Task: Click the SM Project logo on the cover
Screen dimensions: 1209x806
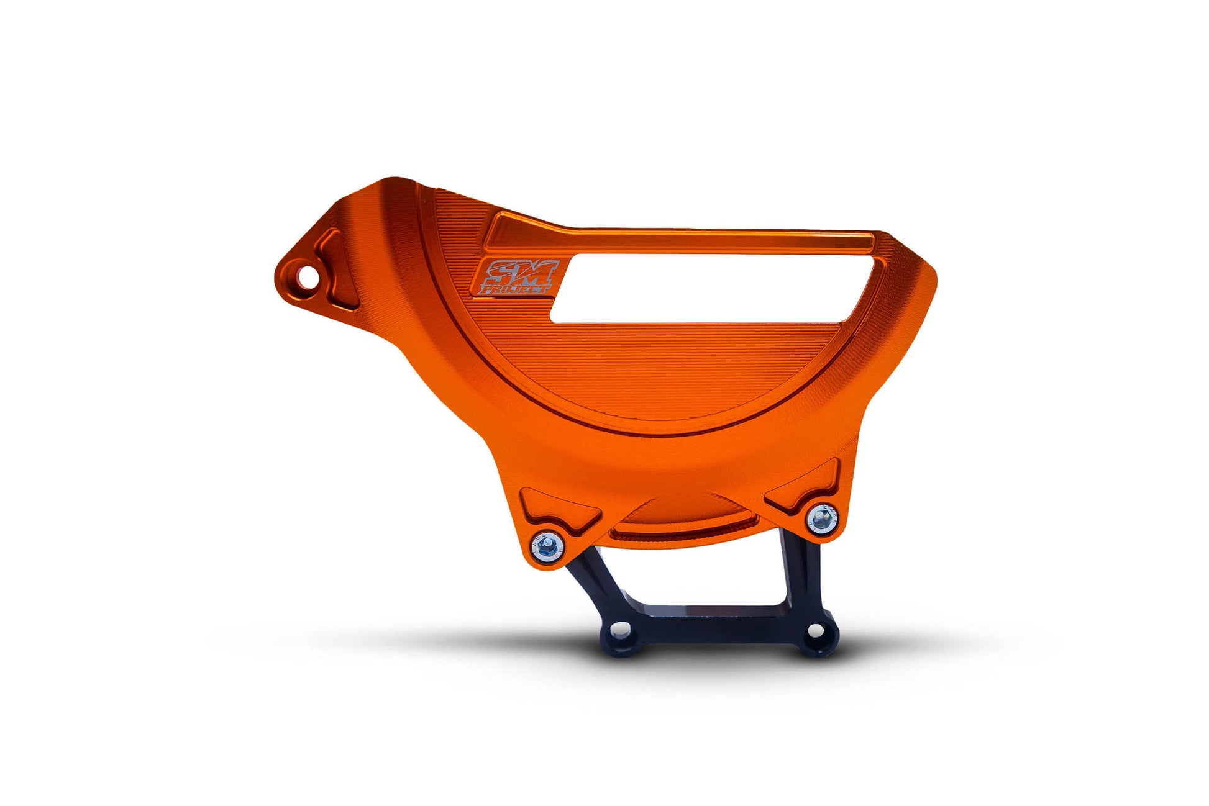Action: pos(516,278)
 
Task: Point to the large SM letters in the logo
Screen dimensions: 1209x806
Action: pos(520,271)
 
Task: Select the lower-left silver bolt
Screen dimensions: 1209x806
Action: pos(547,547)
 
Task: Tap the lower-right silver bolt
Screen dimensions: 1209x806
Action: pos(821,518)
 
